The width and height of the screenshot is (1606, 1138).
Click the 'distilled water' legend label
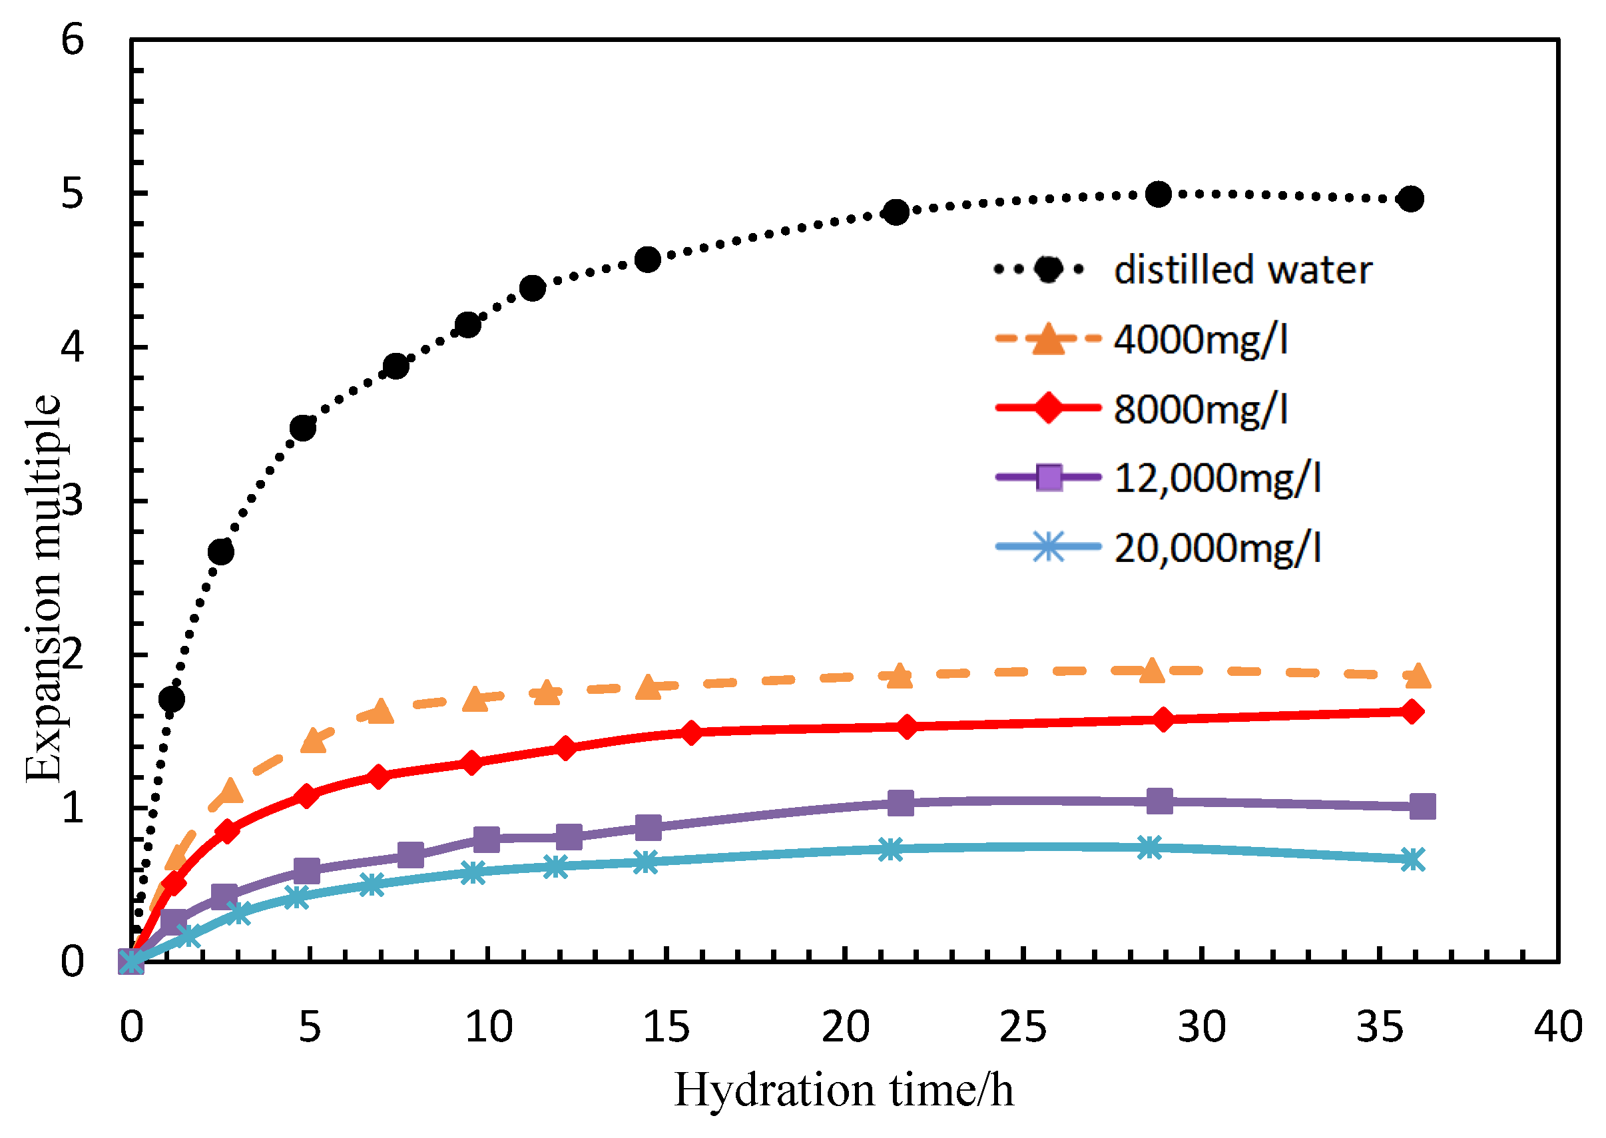click(x=1242, y=270)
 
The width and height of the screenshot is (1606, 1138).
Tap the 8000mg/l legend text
click(x=1201, y=409)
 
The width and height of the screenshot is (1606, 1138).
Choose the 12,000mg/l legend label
click(x=1216, y=478)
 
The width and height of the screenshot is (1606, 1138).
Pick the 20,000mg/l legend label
click(x=1216, y=547)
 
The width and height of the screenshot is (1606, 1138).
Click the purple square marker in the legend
click(x=1049, y=477)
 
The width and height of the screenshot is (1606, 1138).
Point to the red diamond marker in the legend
click(x=1049, y=408)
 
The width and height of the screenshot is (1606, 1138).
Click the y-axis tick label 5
click(x=72, y=192)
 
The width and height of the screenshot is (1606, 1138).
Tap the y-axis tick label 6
click(x=72, y=39)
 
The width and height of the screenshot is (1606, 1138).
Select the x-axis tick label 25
click(x=1023, y=1027)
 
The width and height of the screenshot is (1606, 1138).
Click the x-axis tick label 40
click(x=1557, y=1027)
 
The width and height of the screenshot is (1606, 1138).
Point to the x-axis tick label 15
click(x=666, y=1027)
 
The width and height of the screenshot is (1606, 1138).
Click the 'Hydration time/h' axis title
click(x=844, y=1090)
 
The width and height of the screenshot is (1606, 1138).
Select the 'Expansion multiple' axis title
click(x=43, y=589)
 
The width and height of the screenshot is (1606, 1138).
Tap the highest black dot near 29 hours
click(x=1159, y=194)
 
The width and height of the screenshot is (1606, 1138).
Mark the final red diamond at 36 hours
click(x=1412, y=712)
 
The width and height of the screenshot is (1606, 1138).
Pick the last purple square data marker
click(x=1422, y=806)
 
